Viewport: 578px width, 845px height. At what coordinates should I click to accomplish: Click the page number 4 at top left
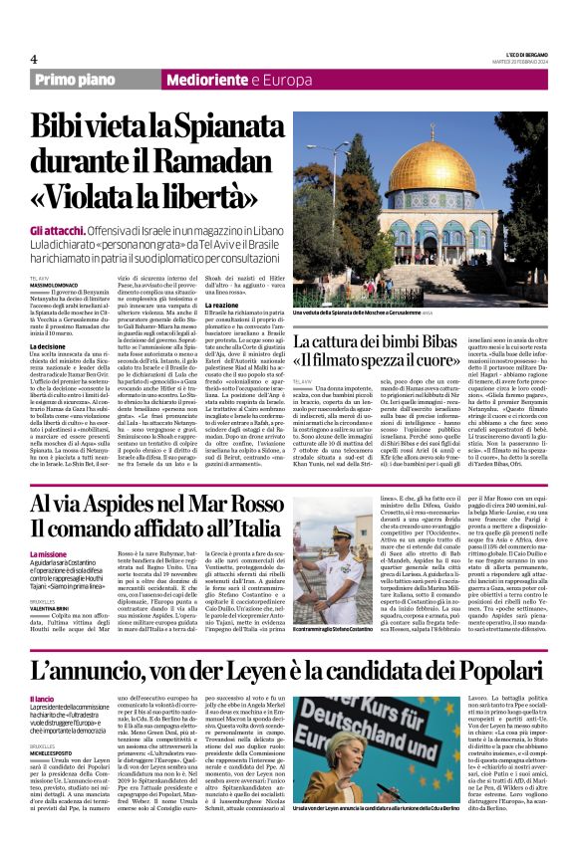[x=34, y=60]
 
